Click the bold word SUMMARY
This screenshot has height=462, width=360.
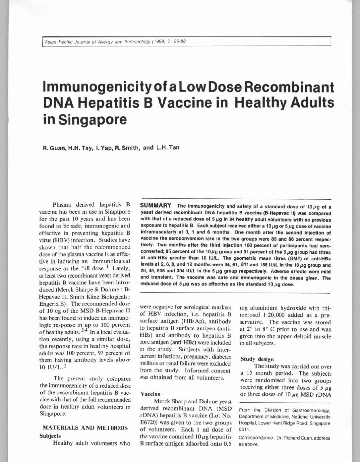click(156, 206)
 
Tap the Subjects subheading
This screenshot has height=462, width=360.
click(50, 435)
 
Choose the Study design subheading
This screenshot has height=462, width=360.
click(257, 359)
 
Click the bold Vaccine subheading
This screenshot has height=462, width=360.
click(150, 394)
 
